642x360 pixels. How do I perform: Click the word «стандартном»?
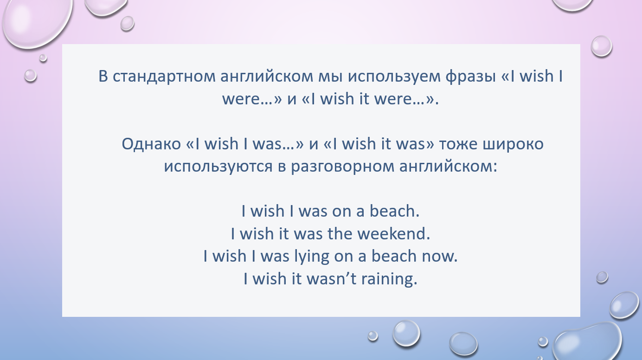coord(164,77)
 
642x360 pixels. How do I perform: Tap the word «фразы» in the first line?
coord(471,77)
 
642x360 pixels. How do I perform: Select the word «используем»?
coord(394,77)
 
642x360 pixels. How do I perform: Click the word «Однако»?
coord(151,144)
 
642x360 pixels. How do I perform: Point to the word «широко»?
coord(513,144)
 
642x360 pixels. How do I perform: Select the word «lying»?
coord(312,257)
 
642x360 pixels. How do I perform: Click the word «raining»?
coord(387,279)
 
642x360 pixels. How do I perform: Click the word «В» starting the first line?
coord(103,76)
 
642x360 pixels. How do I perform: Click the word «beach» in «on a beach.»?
coord(392,211)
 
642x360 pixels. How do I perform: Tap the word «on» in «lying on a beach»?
coord(343,257)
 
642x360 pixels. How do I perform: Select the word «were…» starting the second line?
coord(248,99)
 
